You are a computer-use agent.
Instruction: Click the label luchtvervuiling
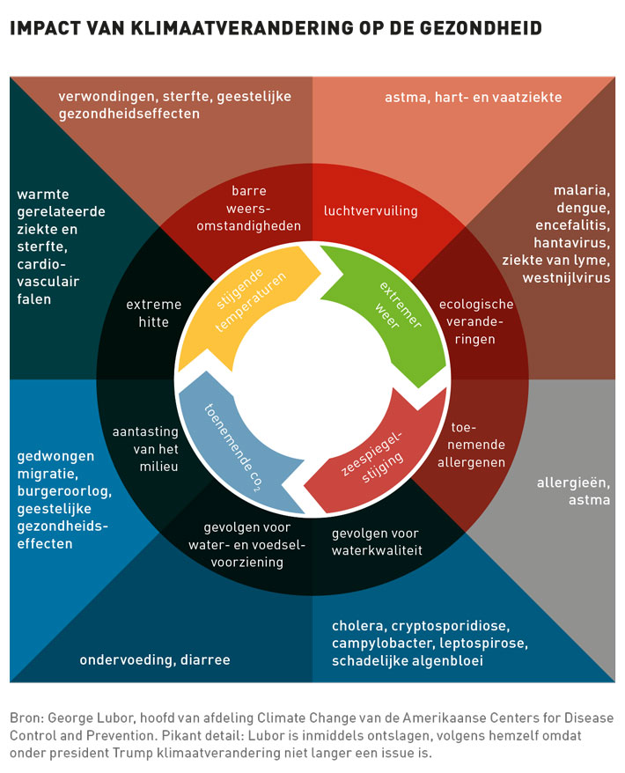click(x=371, y=211)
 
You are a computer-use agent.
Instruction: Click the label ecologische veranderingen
click(x=476, y=321)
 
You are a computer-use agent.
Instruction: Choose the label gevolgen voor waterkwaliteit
click(x=376, y=541)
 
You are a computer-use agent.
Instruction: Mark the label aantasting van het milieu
click(x=146, y=449)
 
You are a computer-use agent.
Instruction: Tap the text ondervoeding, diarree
click(x=155, y=659)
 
